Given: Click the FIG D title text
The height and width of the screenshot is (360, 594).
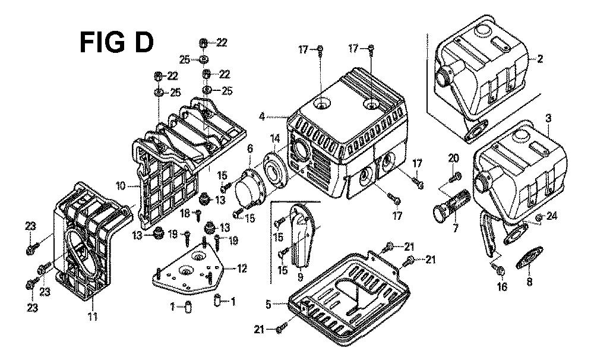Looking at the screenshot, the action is (116, 42).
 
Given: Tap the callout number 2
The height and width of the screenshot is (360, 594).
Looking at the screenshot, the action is (540, 59).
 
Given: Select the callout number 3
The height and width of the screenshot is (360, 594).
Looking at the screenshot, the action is (548, 119).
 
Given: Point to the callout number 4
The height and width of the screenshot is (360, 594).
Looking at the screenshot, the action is (262, 116).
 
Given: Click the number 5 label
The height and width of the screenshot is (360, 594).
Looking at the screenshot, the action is (268, 304).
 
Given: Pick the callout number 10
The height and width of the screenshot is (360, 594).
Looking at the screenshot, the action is (121, 186).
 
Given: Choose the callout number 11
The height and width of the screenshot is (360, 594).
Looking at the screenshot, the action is (93, 316).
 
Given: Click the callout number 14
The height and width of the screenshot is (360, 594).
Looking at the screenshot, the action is (274, 138).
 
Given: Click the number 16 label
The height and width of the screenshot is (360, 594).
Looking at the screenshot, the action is (502, 287).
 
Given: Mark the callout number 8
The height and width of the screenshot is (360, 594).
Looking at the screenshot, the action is (529, 282).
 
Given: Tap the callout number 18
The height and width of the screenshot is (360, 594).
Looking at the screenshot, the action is (185, 214).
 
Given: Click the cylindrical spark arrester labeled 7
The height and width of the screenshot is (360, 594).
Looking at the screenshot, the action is (451, 204).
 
